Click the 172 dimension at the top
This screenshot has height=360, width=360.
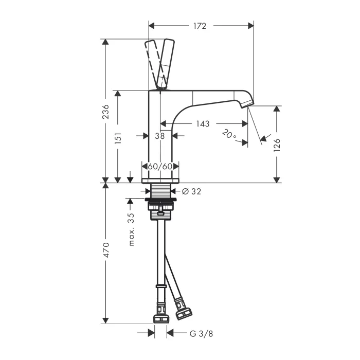[200, 26]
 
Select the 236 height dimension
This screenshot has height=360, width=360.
[106, 112]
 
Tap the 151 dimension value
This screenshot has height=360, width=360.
[118, 138]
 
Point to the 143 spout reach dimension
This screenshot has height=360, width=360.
[203, 124]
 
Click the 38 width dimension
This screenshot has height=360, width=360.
[160, 136]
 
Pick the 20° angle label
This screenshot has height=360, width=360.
[229, 134]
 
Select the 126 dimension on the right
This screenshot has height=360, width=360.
[277, 145]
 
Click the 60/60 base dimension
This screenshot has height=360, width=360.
[160, 166]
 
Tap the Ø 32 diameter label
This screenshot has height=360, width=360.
[191, 191]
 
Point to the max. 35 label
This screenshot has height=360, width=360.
[131, 229]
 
